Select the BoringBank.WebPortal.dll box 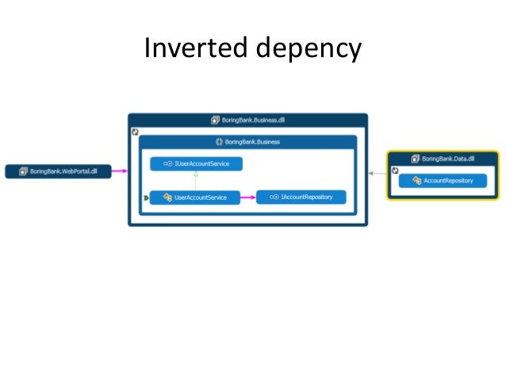(x=59, y=171)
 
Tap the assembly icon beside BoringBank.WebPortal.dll (x=22, y=171)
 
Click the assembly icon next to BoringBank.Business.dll (x=215, y=120)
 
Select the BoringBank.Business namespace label (x=252, y=142)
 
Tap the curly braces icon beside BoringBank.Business (x=219, y=142)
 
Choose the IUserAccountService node (x=197, y=163)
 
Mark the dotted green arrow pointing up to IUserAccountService (x=196, y=180)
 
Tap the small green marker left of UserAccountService (x=145, y=197)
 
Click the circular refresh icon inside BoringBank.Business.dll (x=135, y=131)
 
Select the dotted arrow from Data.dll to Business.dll (x=377, y=172)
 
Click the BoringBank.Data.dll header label (x=448, y=159)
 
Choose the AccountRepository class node (x=443, y=181)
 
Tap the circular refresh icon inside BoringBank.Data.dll (x=394, y=169)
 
